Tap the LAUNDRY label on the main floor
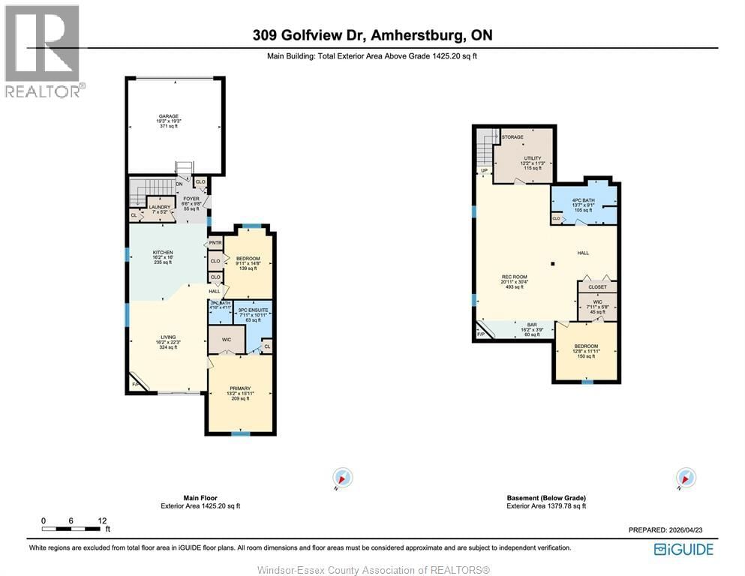click(x=160, y=207)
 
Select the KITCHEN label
click(x=164, y=252)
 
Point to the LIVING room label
click(x=167, y=337)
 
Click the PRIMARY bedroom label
click(x=240, y=388)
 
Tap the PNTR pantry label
click(x=215, y=243)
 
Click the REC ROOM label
click(x=514, y=277)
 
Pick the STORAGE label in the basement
click(x=512, y=137)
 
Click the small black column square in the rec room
click(x=551, y=263)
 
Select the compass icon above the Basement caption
click(x=685, y=477)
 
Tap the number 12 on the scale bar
click(x=102, y=520)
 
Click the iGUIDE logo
click(x=683, y=549)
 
